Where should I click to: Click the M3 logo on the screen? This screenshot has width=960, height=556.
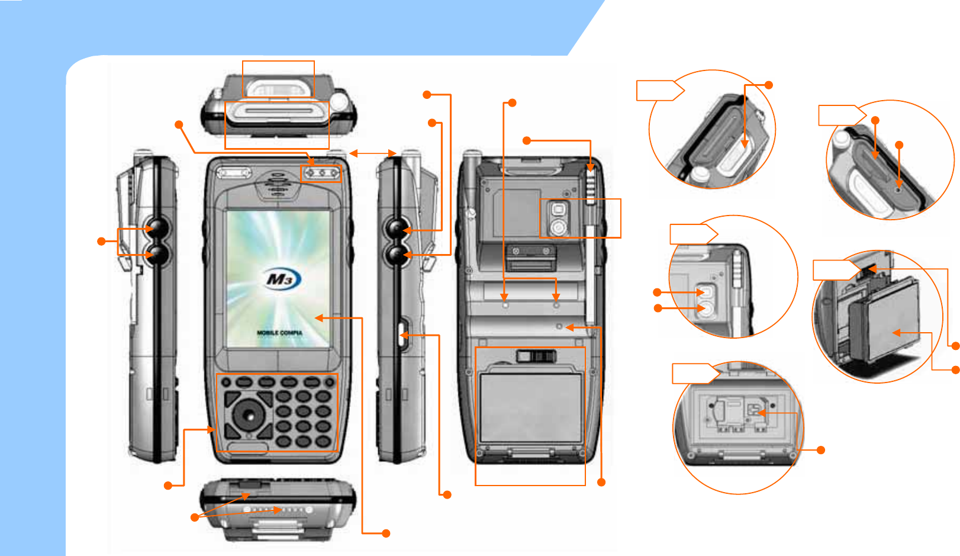click(x=281, y=279)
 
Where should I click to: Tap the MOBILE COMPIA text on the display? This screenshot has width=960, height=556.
click(x=279, y=333)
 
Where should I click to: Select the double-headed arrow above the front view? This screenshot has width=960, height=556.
click(x=372, y=153)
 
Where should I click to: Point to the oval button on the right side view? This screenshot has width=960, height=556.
click(x=403, y=335)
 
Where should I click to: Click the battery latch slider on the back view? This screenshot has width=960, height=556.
click(x=536, y=356)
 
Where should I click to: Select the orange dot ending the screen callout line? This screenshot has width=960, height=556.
click(x=386, y=533)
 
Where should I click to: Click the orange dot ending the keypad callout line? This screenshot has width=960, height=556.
click(x=168, y=486)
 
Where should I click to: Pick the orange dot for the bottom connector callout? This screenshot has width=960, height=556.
click(x=194, y=518)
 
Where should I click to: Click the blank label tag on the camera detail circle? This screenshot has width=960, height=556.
click(x=693, y=234)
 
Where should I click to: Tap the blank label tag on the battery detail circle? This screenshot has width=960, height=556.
click(x=835, y=270)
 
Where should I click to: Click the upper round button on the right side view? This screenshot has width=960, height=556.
click(x=396, y=228)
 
